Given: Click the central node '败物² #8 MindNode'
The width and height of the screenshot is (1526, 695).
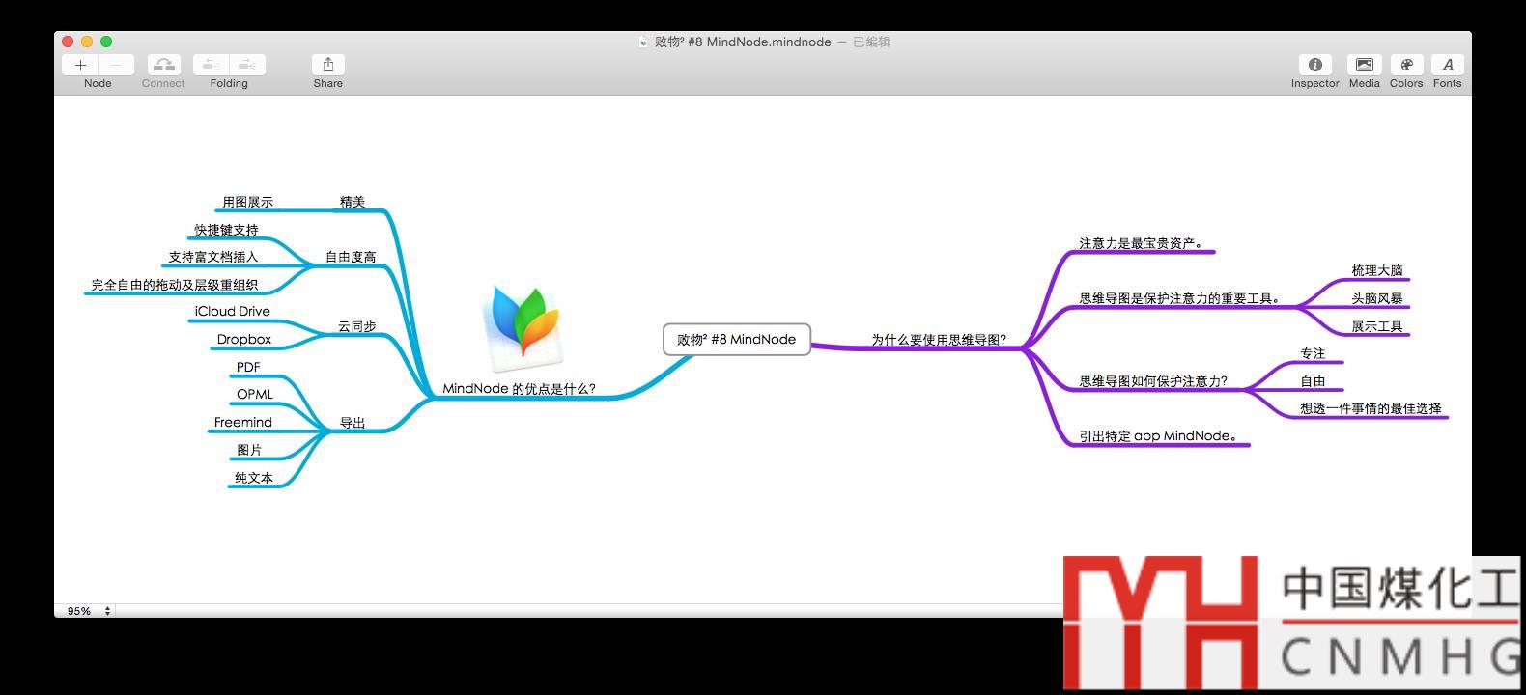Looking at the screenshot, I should (x=736, y=340).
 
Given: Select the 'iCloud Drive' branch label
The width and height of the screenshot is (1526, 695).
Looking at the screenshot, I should (x=232, y=311).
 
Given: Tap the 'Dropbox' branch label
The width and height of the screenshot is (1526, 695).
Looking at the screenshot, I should (x=243, y=339).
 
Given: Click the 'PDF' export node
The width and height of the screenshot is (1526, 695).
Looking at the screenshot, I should (x=248, y=367).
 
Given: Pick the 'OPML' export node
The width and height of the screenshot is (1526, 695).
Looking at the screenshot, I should (x=255, y=394).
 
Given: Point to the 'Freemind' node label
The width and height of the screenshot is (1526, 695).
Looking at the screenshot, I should (x=242, y=422).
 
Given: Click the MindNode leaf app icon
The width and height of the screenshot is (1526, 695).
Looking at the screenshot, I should (x=523, y=326).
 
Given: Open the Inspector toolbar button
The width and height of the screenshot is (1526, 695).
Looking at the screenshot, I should (x=1314, y=65).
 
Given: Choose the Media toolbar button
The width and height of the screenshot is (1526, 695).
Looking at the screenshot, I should (x=1364, y=65).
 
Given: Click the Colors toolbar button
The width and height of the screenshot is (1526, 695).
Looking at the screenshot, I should (x=1406, y=65).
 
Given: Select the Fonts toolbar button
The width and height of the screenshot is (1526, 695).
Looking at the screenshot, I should (x=1447, y=65).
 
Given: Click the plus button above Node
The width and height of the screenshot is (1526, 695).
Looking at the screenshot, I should (x=80, y=65).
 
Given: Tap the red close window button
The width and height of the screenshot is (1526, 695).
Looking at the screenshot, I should (x=68, y=42).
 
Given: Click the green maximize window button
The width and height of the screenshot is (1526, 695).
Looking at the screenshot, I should (x=106, y=42).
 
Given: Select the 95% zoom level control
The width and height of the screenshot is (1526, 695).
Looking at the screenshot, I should (x=88, y=611).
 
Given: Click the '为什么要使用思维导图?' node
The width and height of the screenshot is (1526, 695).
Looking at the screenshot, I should (x=938, y=340).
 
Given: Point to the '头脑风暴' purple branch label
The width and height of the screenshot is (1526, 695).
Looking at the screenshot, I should (x=1376, y=298).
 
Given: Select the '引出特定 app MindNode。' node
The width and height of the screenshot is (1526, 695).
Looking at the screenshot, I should (x=1157, y=435).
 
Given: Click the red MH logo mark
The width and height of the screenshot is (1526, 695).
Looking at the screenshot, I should (x=1160, y=622).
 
